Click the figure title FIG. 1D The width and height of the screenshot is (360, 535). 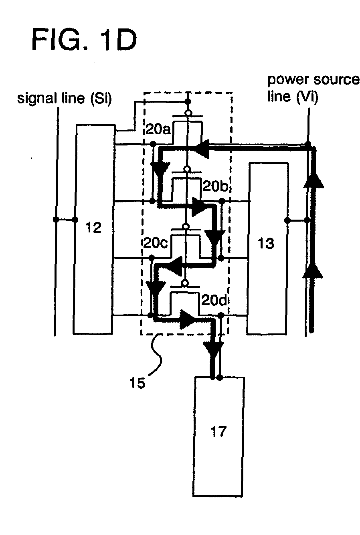84,40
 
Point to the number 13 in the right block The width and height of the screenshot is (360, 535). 267,243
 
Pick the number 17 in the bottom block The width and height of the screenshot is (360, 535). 218,432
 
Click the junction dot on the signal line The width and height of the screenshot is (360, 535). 56,219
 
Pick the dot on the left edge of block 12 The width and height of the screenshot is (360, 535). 75,219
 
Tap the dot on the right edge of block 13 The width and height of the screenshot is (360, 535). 287,220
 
